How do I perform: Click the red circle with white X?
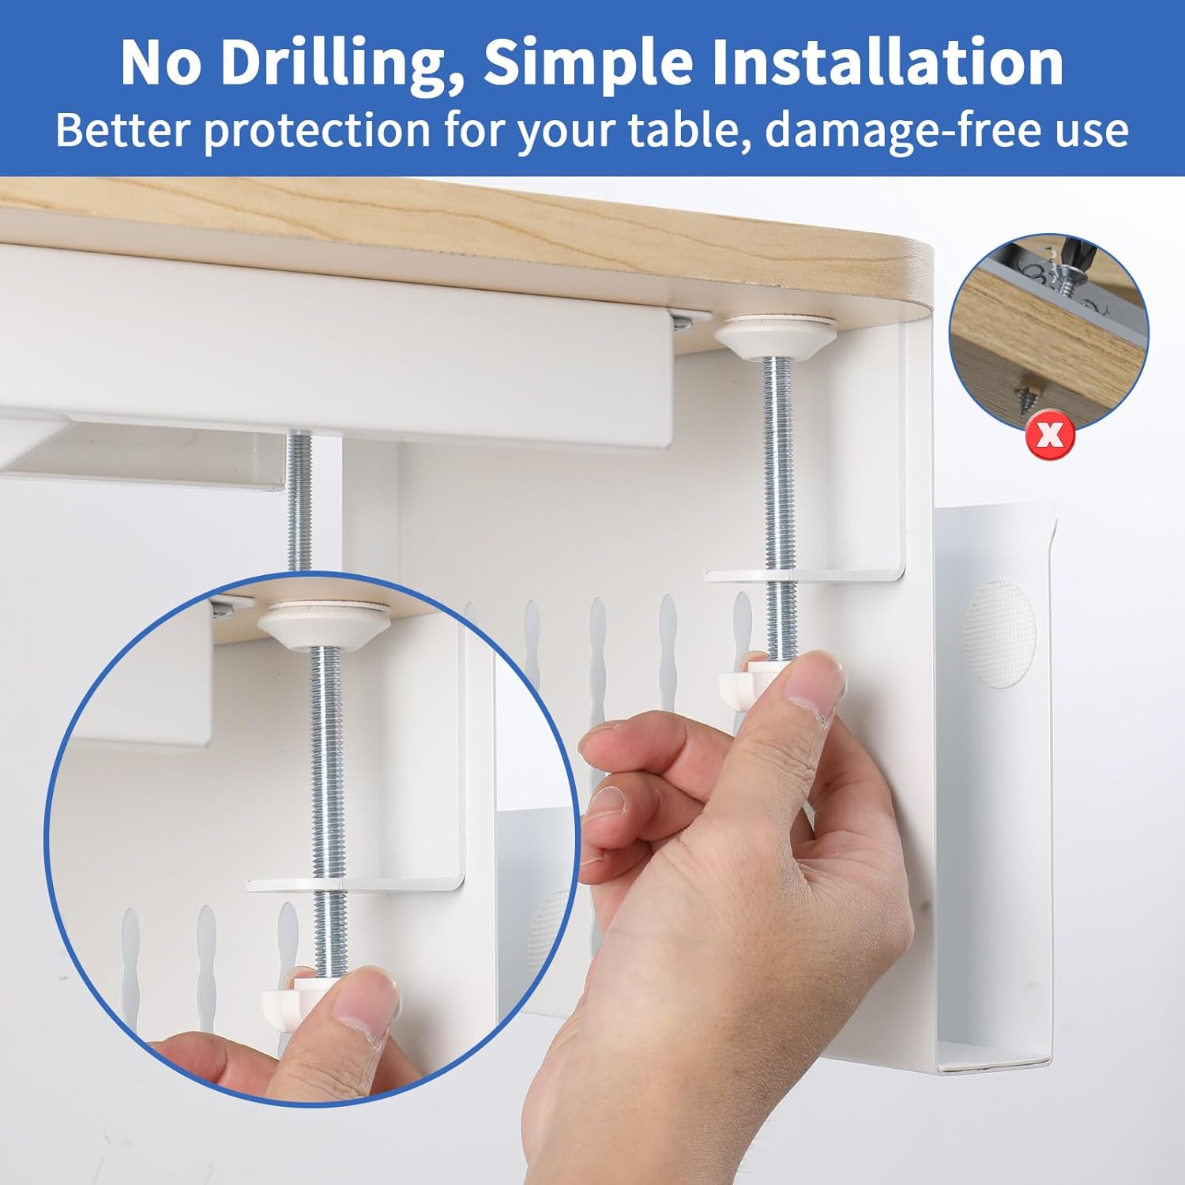(1050, 434)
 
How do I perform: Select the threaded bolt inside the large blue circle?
(325, 758)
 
